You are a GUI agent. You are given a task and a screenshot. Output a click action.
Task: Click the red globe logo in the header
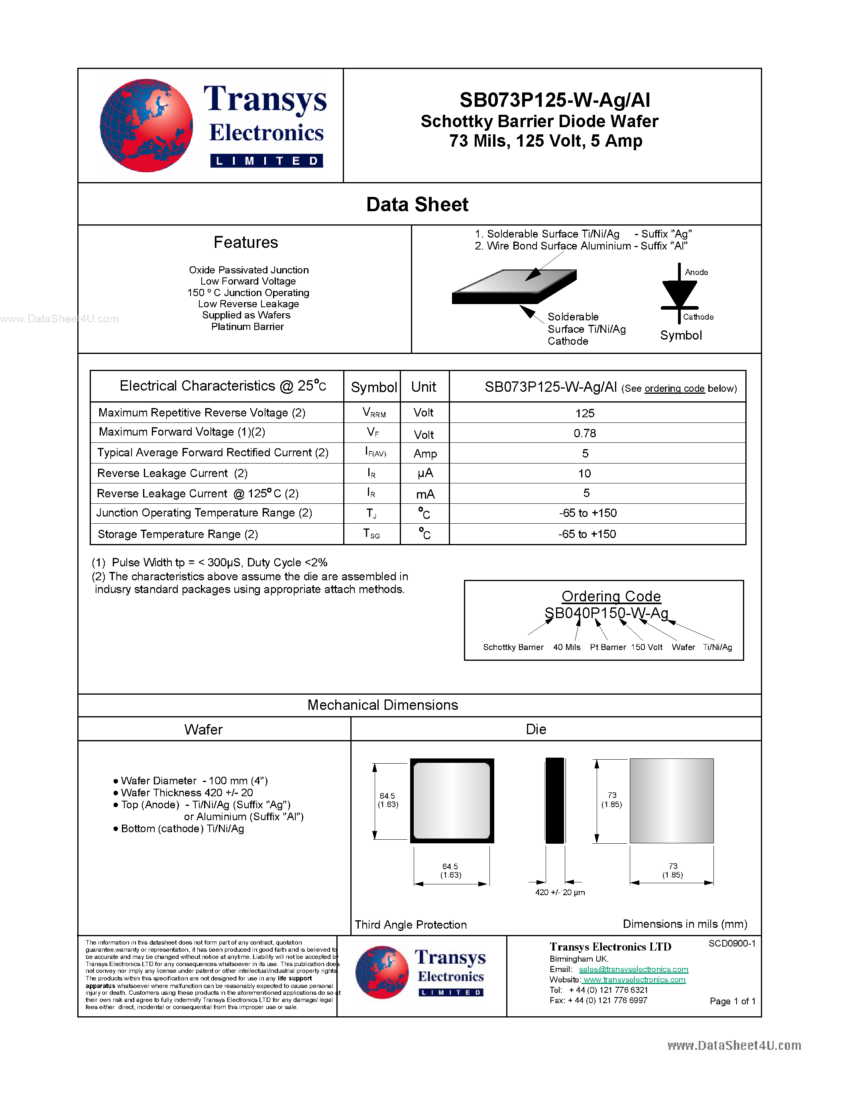coord(146,126)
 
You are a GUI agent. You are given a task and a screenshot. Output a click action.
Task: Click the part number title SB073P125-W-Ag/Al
coord(554,100)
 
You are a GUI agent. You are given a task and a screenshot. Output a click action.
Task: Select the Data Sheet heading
coord(417,204)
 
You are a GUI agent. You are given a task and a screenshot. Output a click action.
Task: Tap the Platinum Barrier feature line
coord(248,327)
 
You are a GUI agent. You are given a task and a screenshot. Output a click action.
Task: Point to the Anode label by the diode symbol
coord(696,272)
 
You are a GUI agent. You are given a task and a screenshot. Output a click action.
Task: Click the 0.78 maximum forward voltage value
coord(585,433)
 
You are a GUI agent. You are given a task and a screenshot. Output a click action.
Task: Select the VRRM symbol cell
coord(373,412)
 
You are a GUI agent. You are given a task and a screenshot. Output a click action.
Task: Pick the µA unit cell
coord(424,473)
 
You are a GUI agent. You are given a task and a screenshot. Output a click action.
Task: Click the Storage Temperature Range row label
coord(178,534)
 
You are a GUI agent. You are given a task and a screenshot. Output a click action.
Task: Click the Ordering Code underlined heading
coord(611,596)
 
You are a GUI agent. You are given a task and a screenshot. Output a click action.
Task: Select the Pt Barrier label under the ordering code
coord(608,647)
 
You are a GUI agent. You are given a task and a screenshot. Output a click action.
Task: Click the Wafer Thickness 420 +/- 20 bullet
coord(187,792)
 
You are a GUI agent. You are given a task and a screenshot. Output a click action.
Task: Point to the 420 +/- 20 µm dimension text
coord(560,892)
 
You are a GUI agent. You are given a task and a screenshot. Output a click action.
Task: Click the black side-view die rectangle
coord(554,800)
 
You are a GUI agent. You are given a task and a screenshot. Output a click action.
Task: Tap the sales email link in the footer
coord(633,970)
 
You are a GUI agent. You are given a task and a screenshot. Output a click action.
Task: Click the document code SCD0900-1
coord(731,943)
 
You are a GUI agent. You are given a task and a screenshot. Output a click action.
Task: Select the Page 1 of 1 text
coord(732,1001)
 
